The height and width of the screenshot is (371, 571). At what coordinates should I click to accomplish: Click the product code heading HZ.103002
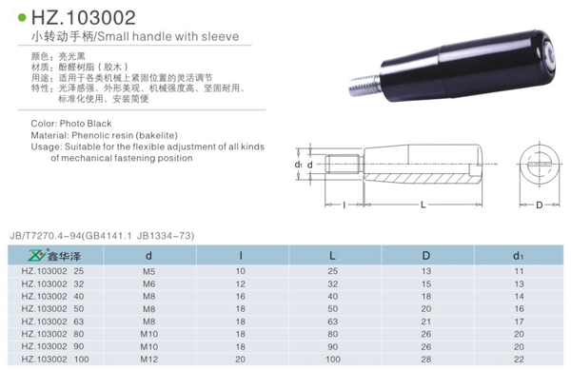click(84, 17)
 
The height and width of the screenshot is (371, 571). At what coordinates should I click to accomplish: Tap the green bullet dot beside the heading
click(22, 17)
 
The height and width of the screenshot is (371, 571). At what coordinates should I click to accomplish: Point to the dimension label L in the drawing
click(423, 205)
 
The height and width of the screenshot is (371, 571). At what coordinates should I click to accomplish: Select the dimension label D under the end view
click(540, 205)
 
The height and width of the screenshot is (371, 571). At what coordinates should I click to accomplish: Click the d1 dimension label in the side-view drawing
click(298, 165)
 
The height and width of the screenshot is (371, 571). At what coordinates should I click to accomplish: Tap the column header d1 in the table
click(519, 256)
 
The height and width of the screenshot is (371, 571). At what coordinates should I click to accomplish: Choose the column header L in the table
click(332, 256)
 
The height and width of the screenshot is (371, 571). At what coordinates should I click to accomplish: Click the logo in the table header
click(54, 256)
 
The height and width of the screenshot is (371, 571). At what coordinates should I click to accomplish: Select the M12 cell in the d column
click(149, 360)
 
